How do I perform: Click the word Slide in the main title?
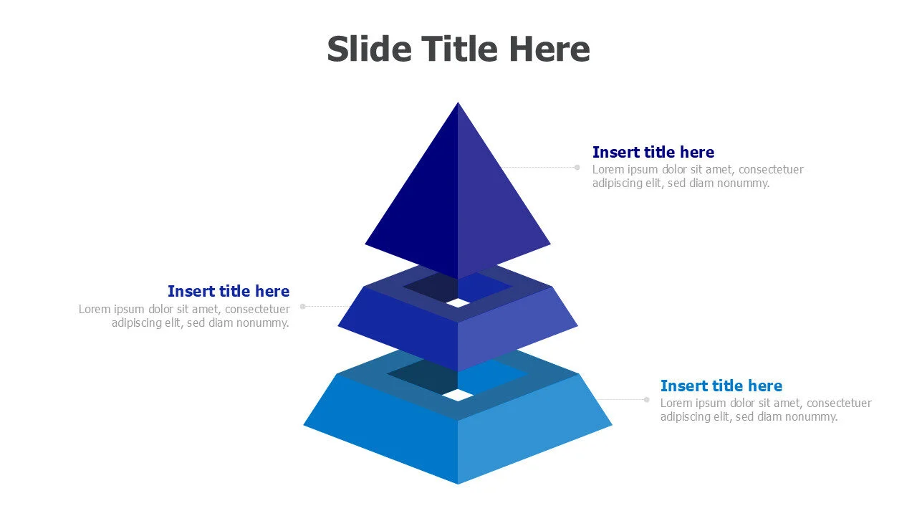tap(369, 49)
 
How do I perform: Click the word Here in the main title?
tap(549, 49)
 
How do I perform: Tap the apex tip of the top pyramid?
tap(458, 102)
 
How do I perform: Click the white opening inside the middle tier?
tap(458, 303)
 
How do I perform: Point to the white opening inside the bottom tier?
tap(458, 395)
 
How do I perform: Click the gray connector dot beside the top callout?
tap(577, 167)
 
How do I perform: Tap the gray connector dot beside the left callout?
tap(302, 306)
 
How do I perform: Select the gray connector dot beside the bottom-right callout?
tap(646, 400)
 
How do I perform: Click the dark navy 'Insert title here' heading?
tap(653, 152)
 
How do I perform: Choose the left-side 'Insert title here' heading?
tap(229, 291)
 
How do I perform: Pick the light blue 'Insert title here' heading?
tap(721, 386)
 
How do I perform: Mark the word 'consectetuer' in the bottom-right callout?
tap(839, 403)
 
